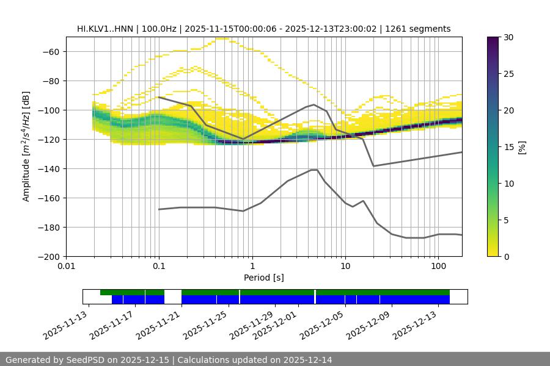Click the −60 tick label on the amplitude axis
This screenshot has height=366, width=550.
tap(50, 51)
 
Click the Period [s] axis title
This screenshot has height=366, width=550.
tap(263, 278)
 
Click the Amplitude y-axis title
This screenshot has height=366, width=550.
tap(26, 146)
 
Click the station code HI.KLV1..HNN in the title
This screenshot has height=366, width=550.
tap(105, 29)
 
